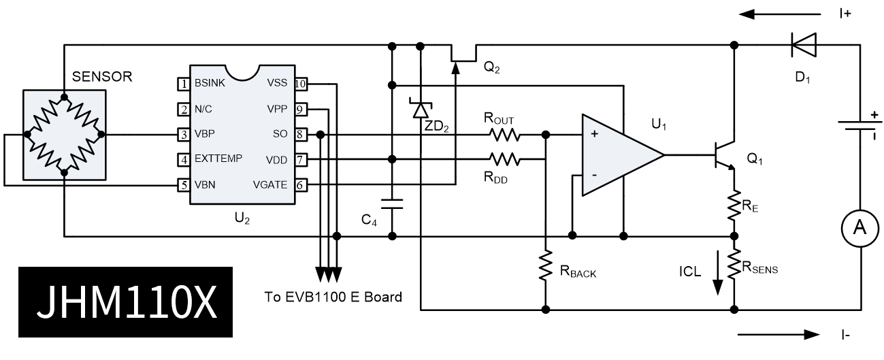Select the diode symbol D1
tap(802, 45)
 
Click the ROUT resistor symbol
tap(504, 134)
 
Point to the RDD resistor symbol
tap(504, 160)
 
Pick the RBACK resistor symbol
tap(546, 266)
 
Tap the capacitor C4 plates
tap(392, 202)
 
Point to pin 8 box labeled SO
tap(300, 135)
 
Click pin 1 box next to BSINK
tap(182, 84)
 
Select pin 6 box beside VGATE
tap(300, 184)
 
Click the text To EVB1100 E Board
tap(333, 297)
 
